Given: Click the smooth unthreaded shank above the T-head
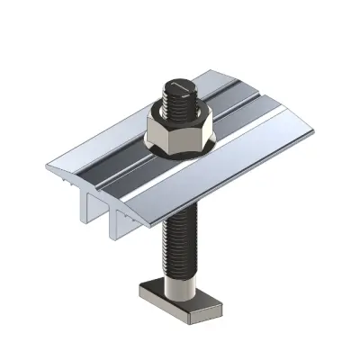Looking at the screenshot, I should click(x=179, y=276).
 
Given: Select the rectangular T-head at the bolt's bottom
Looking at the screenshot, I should click(x=179, y=296).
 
